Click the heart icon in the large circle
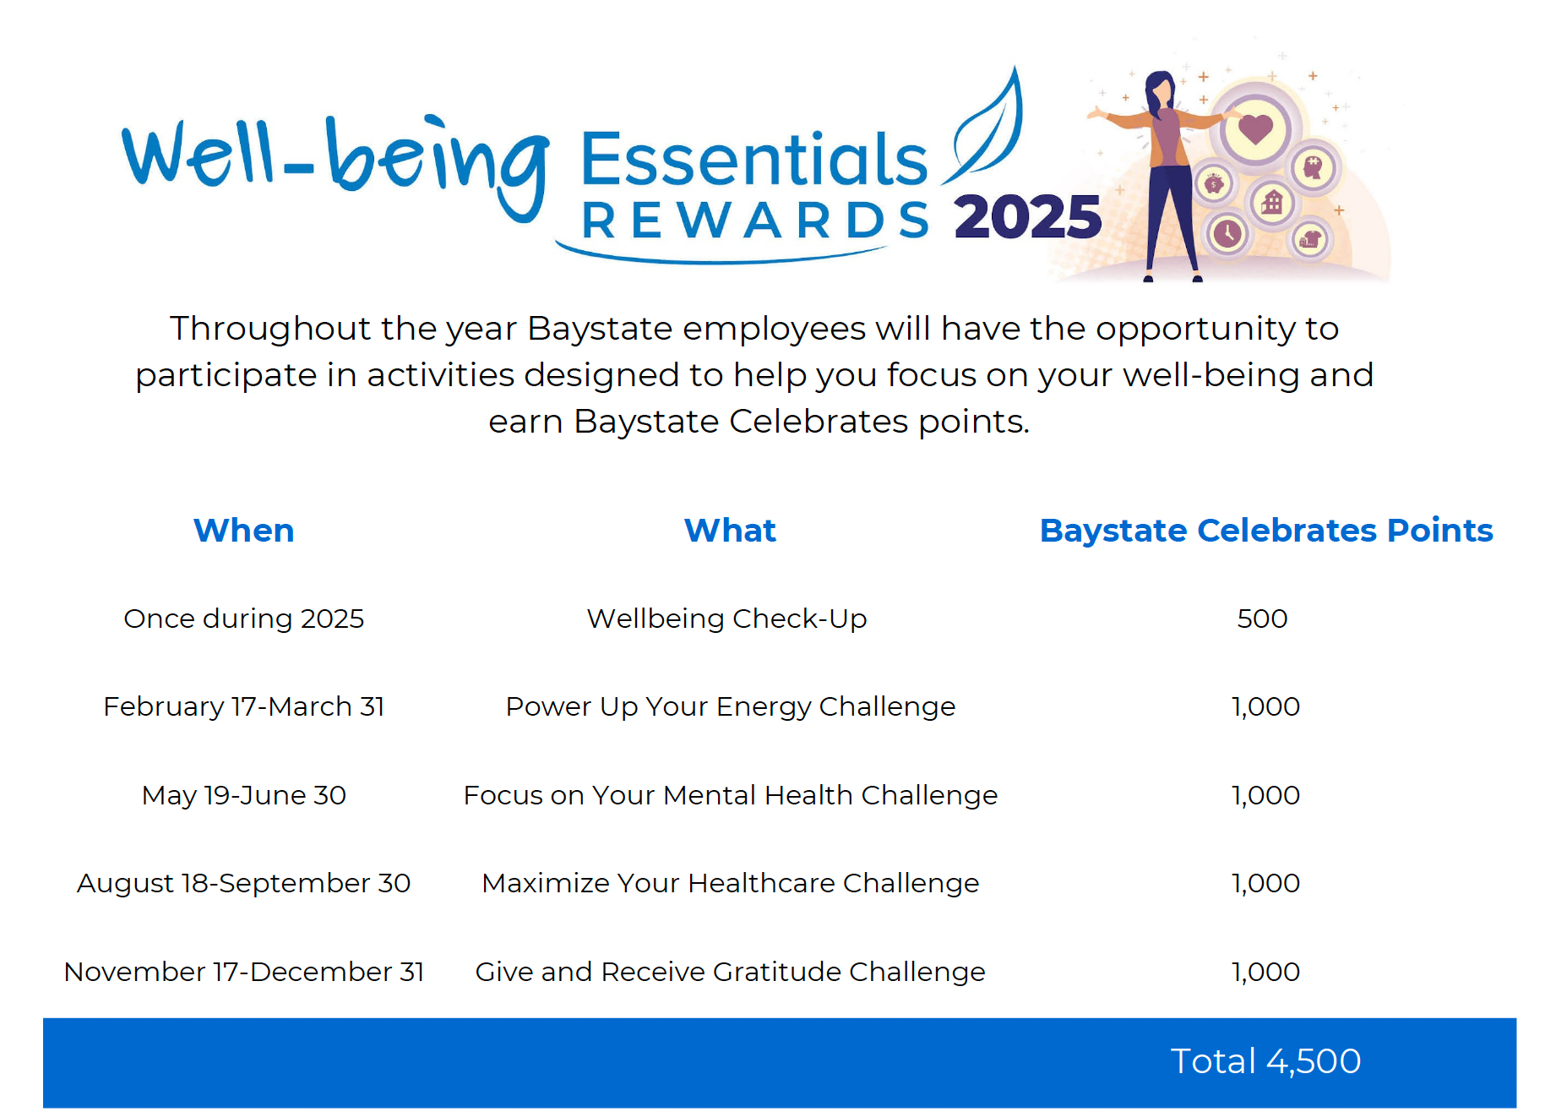(x=1255, y=129)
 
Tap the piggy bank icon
(x=1215, y=183)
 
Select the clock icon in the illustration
(x=1227, y=233)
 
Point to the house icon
(x=1272, y=202)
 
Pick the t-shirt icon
(x=1309, y=240)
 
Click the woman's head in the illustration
(x=1161, y=87)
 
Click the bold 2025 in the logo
(x=1028, y=217)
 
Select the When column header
(x=243, y=531)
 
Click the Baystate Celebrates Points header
(x=1266, y=531)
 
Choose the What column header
(x=730, y=531)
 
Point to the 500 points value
(x=1262, y=619)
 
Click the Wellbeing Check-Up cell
(x=726, y=619)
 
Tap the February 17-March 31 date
(x=243, y=706)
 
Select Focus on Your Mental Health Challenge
(x=730, y=795)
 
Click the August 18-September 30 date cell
(x=243, y=883)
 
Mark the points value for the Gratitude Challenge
(x=1265, y=972)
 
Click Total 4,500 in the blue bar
(x=1265, y=1061)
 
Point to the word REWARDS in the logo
(x=755, y=221)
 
